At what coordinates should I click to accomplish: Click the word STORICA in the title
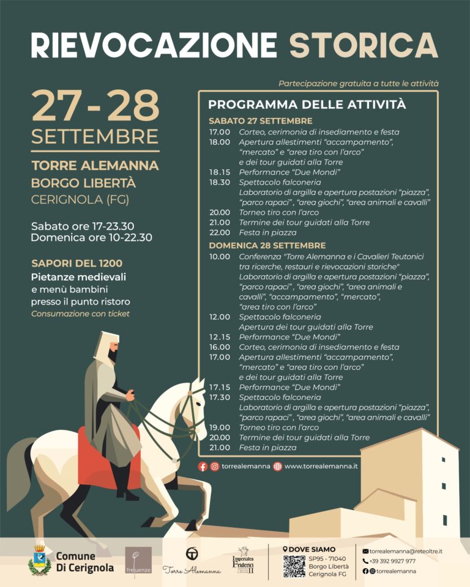364,45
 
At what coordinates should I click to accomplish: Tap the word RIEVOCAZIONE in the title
154,45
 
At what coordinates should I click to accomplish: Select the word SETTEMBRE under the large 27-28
95,136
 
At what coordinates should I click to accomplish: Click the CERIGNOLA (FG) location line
80,199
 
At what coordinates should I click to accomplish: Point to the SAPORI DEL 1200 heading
77,264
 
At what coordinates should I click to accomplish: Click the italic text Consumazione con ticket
80,314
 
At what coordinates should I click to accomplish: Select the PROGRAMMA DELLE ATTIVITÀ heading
307,105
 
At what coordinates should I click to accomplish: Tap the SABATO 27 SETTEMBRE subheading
260,120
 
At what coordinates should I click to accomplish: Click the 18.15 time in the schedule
219,172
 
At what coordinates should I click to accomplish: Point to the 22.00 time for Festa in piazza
219,232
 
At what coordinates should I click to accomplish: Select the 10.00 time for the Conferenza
219,257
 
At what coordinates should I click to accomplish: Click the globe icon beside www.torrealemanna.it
278,467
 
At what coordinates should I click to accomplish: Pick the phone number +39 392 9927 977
392,561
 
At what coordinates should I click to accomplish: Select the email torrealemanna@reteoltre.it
406,551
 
